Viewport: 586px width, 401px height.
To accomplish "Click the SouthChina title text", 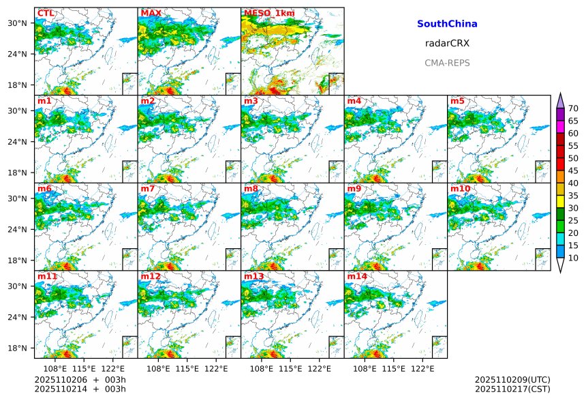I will (x=447, y=24).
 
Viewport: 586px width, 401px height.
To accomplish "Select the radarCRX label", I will (x=447, y=43).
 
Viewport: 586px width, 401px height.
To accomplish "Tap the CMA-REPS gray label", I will (x=447, y=63).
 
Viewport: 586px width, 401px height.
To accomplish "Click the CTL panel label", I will (x=46, y=13).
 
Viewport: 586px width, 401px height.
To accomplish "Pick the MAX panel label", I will (x=151, y=13).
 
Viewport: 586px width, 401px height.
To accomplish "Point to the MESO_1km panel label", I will (x=269, y=13).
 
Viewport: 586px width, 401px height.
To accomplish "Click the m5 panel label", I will (x=457, y=101).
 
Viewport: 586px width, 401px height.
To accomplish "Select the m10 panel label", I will (x=460, y=188).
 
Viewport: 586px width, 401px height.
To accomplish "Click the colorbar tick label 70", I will (x=573, y=108).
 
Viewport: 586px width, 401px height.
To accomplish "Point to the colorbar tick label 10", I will (x=573, y=258).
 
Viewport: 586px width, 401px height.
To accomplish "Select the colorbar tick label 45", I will (x=573, y=170).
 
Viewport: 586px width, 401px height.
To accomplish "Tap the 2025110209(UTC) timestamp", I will (x=512, y=379).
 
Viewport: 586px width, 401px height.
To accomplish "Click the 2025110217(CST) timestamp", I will (x=512, y=389).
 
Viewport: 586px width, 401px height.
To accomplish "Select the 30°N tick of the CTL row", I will (x=18, y=23).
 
